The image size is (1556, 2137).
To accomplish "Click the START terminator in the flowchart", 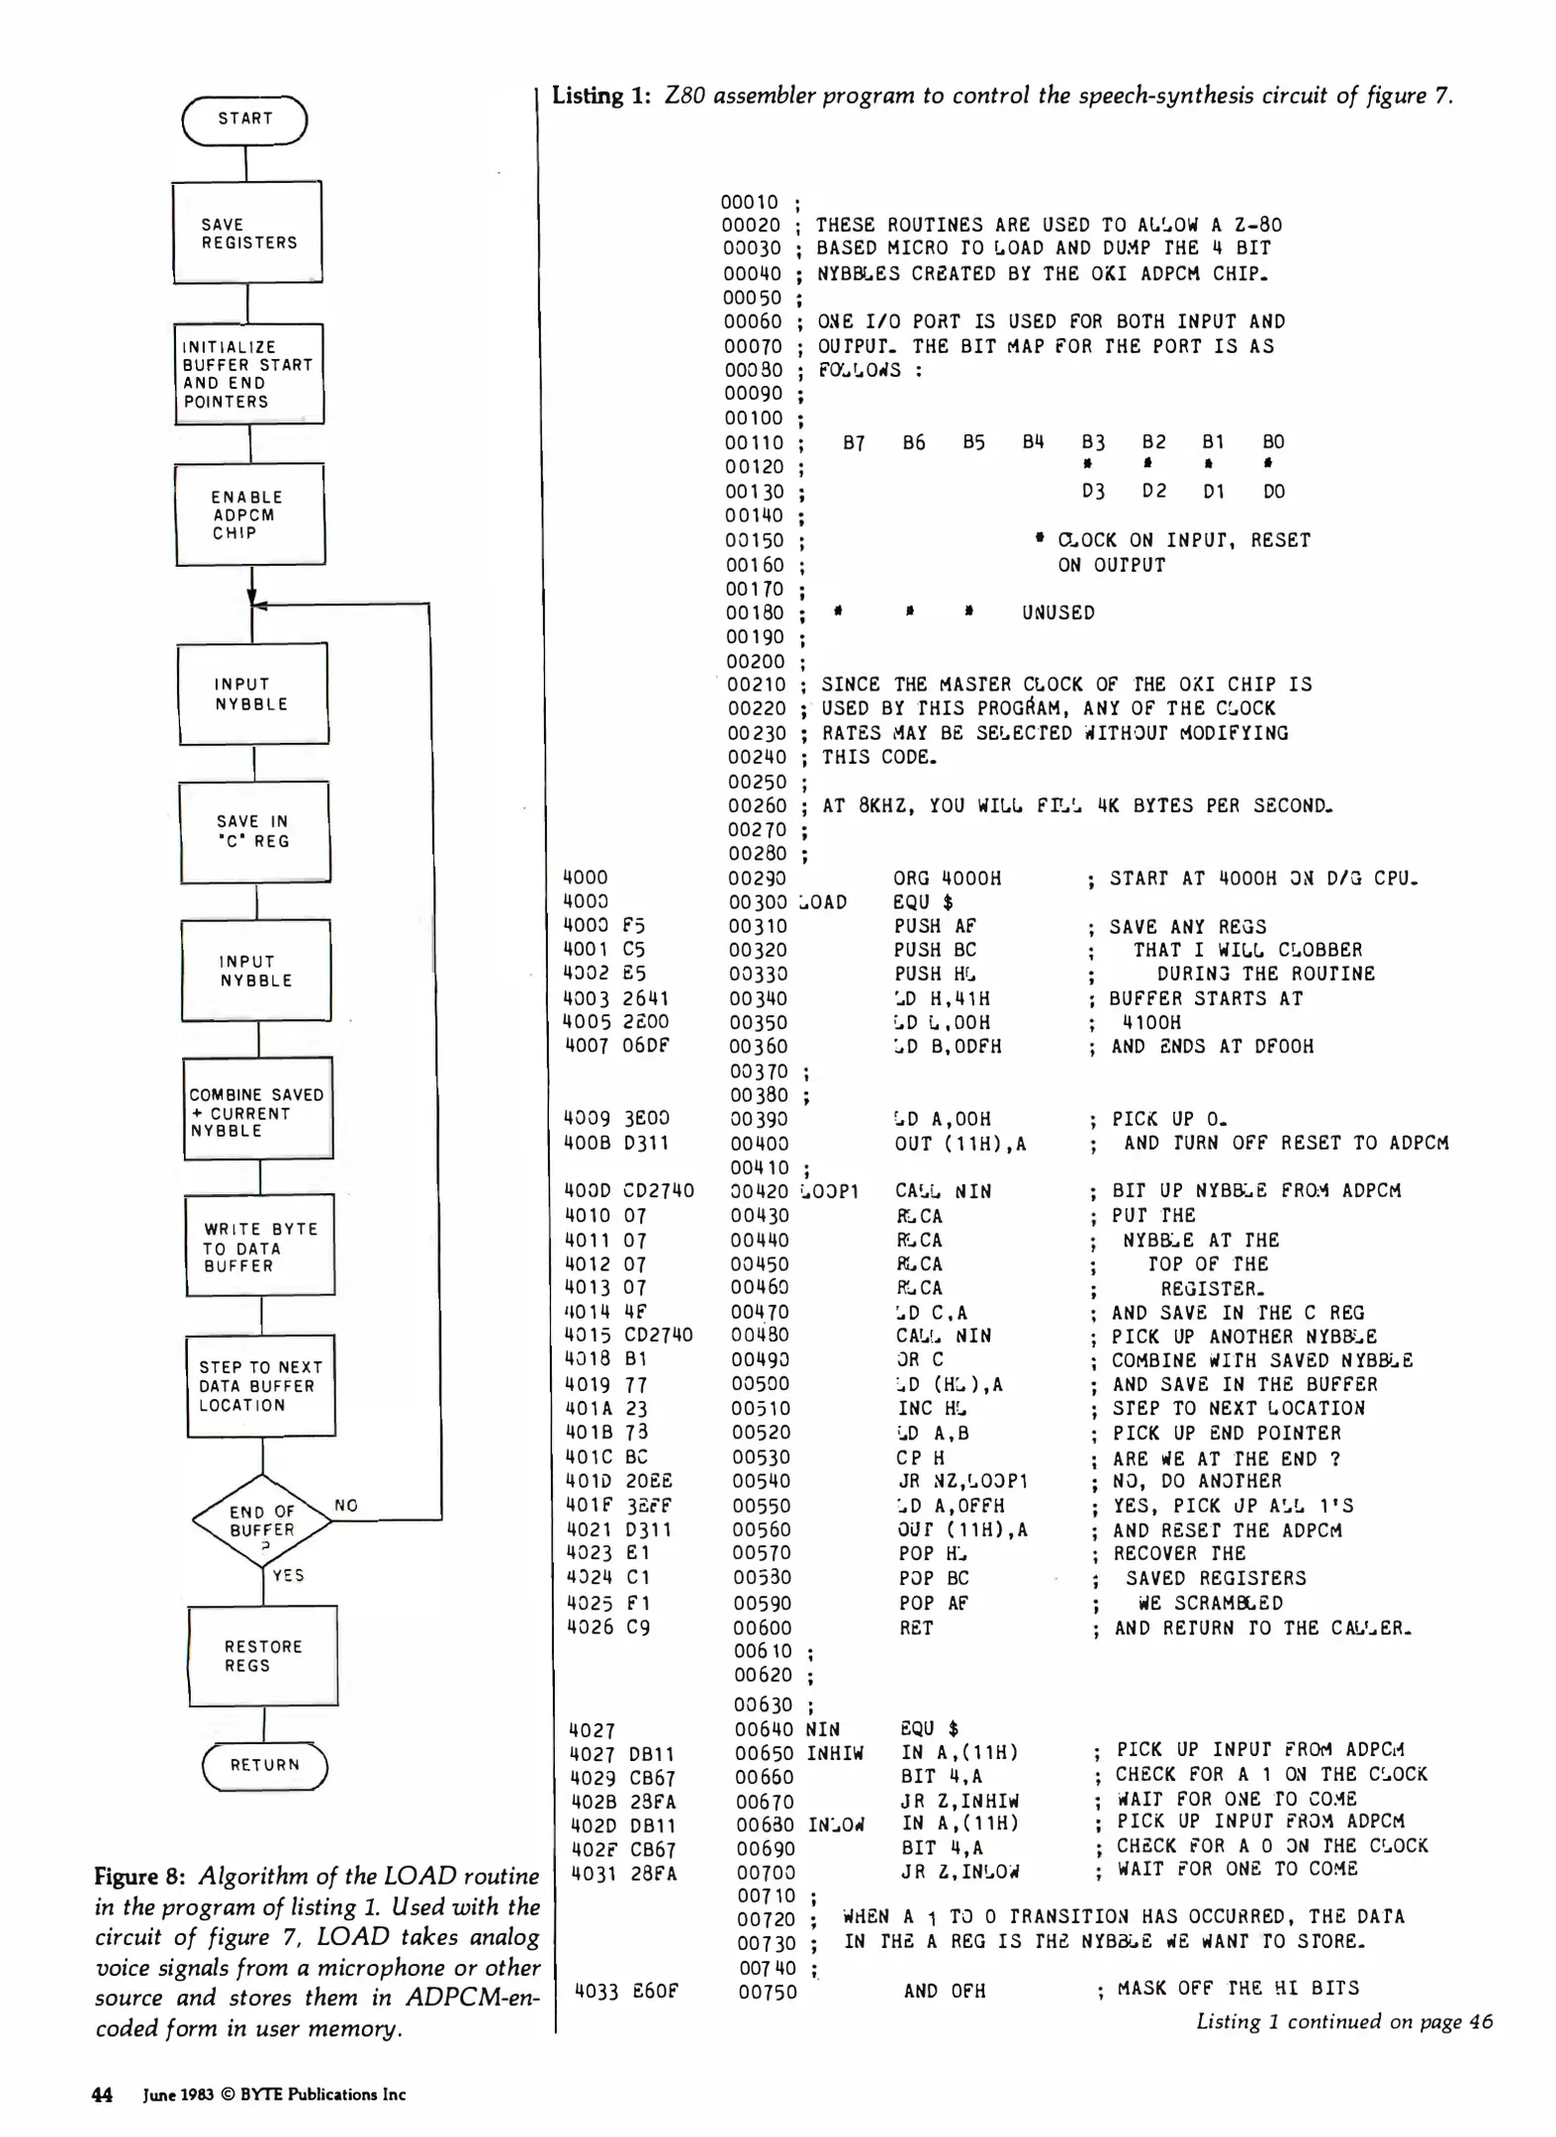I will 244,119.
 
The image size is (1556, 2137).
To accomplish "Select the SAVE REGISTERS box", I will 247,233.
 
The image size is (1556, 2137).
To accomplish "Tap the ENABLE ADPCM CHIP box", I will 250,514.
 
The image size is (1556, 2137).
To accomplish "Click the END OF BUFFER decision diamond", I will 262,1522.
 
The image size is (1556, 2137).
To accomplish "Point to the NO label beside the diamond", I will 346,1505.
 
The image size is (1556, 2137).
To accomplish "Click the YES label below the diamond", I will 288,1575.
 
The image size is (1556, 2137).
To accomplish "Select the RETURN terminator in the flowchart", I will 264,1764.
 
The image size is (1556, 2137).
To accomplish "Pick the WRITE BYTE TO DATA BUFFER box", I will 260,1247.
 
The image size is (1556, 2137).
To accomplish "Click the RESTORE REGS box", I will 263,1655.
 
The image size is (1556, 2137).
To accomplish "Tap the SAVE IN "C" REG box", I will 254,831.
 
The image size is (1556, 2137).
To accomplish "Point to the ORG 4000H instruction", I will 947,878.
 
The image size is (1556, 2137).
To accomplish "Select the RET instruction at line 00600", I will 915,1627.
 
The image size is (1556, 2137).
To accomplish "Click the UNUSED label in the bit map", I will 1057,612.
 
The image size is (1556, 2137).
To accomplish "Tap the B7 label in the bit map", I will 854,443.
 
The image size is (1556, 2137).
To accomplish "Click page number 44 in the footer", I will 102,2093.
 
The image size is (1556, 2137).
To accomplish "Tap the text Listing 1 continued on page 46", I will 1343,2021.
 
